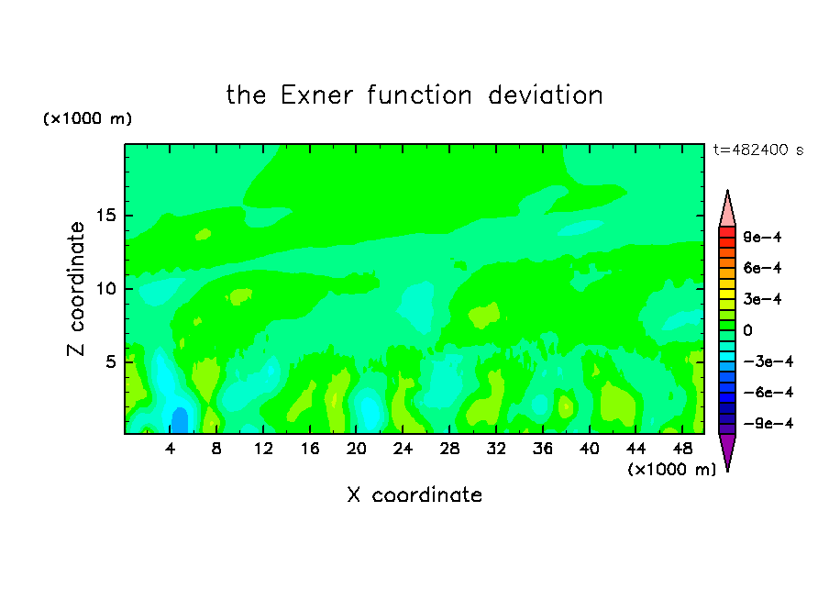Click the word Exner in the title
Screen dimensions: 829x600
(316, 95)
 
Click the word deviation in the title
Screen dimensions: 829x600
(546, 95)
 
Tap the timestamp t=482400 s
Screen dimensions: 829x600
(758, 150)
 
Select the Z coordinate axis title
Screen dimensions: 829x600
(75, 289)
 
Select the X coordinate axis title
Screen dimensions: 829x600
(414, 494)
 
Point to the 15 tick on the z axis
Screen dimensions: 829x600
(106, 216)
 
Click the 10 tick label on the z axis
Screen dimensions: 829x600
(106, 288)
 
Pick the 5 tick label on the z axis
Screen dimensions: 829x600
(111, 361)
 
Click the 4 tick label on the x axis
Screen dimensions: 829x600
(170, 449)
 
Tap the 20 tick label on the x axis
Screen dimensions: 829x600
(356, 449)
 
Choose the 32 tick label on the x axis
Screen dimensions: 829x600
(496, 449)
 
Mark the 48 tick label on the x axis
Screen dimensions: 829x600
(682, 449)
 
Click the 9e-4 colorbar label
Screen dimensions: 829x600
(762, 237)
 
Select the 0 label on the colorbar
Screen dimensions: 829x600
(747, 330)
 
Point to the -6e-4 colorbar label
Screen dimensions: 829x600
(768, 393)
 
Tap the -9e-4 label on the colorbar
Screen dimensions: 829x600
(768, 423)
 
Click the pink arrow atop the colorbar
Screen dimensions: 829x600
(727, 211)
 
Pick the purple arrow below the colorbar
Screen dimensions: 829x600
(727, 450)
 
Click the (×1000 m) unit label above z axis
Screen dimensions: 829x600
(87, 118)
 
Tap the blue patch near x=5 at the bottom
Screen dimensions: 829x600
(180, 421)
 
